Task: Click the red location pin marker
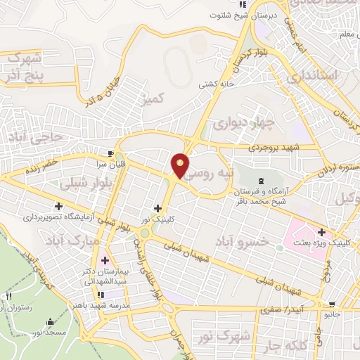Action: point(180,165)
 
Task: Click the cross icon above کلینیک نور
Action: point(157,208)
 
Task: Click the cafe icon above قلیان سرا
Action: point(110,153)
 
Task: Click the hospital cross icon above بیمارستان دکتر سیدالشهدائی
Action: point(104,260)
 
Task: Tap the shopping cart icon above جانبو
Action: point(331,304)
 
